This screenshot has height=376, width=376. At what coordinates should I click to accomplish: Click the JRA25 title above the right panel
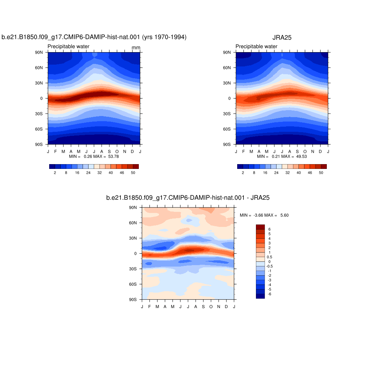click(x=282, y=37)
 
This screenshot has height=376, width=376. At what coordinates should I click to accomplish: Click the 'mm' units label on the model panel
click(x=136, y=47)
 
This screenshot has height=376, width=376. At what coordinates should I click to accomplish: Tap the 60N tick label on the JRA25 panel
click(x=227, y=68)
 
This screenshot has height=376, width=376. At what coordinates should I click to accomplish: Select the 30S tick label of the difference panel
click(x=133, y=269)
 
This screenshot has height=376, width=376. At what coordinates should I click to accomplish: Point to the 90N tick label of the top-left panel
click(x=39, y=52)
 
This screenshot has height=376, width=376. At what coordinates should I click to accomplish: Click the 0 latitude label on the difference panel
click(x=135, y=253)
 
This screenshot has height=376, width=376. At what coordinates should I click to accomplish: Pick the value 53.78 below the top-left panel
click(x=113, y=156)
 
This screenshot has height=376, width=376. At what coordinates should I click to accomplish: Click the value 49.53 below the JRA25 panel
click(x=301, y=156)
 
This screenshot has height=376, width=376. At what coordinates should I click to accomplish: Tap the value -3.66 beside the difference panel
click(x=258, y=215)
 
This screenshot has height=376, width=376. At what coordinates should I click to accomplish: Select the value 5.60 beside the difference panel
click(x=285, y=215)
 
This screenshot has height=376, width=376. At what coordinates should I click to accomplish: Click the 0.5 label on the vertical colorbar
click(x=270, y=257)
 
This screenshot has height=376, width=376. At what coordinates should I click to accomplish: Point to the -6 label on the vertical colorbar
click(x=270, y=294)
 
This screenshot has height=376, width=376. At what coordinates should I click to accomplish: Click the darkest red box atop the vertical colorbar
click(x=260, y=227)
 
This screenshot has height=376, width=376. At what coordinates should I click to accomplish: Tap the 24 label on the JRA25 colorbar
click(x=276, y=173)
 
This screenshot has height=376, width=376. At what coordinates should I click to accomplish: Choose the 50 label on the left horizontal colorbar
click(x=133, y=173)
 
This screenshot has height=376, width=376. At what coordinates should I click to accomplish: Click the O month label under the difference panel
click(x=211, y=307)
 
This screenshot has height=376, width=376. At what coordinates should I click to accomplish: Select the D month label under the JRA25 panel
click(x=320, y=152)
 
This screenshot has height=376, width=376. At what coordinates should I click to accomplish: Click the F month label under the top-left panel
click(x=56, y=152)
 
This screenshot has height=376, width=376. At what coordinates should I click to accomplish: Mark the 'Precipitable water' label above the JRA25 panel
click(x=256, y=46)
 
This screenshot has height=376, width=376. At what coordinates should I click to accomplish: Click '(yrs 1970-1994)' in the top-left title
click(x=164, y=37)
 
